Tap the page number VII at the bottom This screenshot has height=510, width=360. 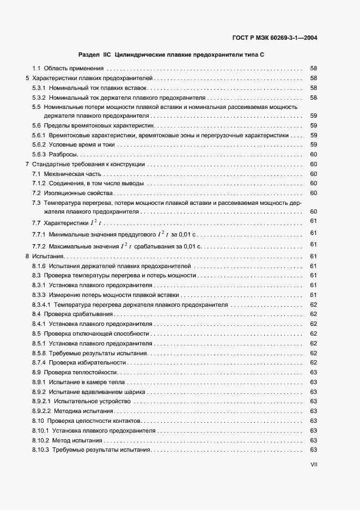click(x=313, y=464)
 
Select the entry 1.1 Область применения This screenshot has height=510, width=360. click(x=68, y=69)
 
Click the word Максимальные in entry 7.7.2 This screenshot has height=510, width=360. click(x=66, y=247)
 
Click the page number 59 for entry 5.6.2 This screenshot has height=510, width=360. click(x=313, y=144)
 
